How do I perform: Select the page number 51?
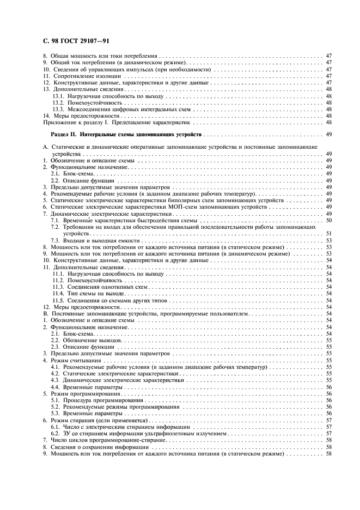329,233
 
